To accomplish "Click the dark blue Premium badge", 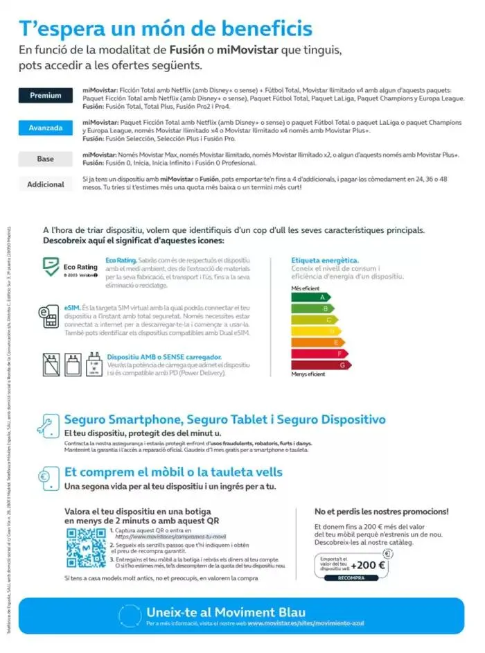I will (x=46, y=96).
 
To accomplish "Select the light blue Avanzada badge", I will (x=46, y=128).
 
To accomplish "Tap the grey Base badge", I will (x=46, y=159).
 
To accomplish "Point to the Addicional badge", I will (x=46, y=184).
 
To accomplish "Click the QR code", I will (x=87, y=548).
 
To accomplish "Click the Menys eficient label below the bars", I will (x=308, y=374).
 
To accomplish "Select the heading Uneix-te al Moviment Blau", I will (x=207, y=611).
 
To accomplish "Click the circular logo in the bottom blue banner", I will (x=132, y=616).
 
